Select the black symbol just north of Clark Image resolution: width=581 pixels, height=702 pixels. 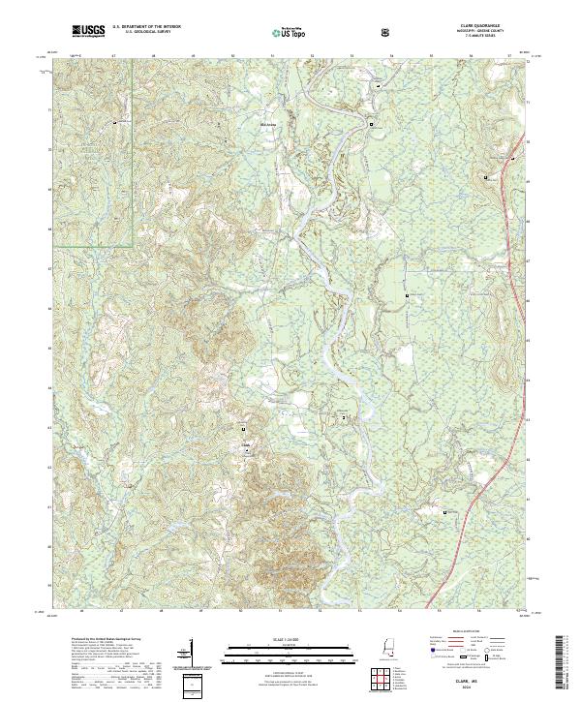(244, 429)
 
